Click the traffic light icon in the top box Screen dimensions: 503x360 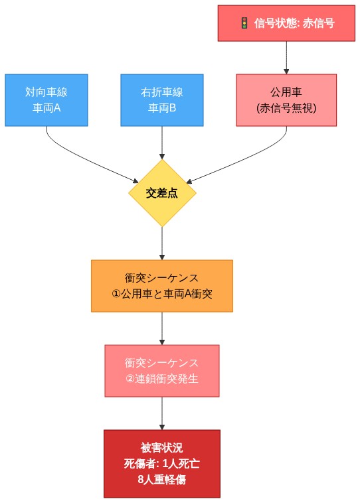coord(244,23)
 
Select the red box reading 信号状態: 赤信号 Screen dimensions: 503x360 coord(286,23)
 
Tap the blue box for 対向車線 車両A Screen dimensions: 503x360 coord(46,100)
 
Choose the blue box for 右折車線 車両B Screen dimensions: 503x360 coord(162,100)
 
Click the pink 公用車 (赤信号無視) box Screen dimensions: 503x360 coord(286,100)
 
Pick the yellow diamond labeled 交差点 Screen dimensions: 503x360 coord(162,192)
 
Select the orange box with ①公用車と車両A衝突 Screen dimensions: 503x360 coord(162,285)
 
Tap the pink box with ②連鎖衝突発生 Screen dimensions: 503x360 coord(162,370)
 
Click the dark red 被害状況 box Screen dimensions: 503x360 coord(162,463)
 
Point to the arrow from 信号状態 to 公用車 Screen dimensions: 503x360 coord(286,57)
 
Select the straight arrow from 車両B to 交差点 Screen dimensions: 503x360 coord(162,143)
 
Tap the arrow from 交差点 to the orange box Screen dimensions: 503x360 coord(162,243)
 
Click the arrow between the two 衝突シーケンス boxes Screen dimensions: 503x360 coord(162,328)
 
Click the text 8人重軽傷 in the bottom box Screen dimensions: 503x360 coord(162,479)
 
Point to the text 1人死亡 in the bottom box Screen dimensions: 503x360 coord(181,463)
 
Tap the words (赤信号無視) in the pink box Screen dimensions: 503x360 coord(286,108)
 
